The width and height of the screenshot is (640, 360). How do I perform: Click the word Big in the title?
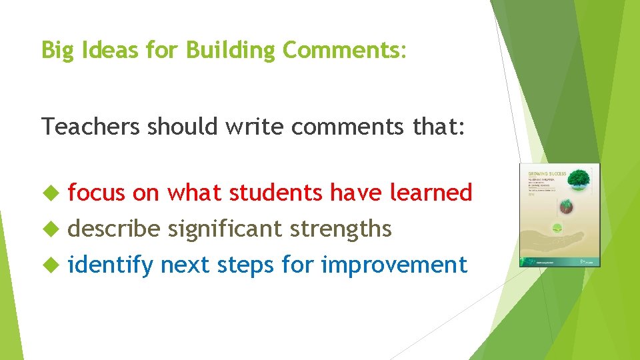(56, 50)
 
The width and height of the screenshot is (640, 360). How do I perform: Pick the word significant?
(225, 229)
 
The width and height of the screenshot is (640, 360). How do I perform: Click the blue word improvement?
(393, 265)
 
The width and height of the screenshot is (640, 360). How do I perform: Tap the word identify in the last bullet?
(110, 265)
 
